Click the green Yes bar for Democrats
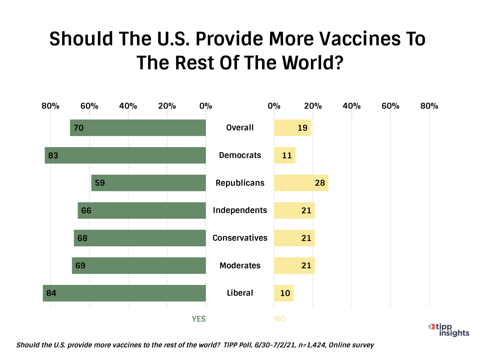(125, 155)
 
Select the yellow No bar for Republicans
(301, 183)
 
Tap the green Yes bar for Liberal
(124, 293)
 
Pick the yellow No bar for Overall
(292, 128)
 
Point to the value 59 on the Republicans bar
(100, 183)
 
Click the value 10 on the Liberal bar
(285, 293)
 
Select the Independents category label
(240, 210)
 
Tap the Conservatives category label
(240, 238)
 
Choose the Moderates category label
(240, 266)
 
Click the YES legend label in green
(199, 319)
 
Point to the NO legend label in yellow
(280, 319)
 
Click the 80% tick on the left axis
(50, 106)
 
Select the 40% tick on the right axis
(352, 106)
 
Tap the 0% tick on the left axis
(206, 106)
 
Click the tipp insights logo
(449, 330)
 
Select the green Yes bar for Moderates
(139, 266)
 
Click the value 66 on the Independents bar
(86, 211)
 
